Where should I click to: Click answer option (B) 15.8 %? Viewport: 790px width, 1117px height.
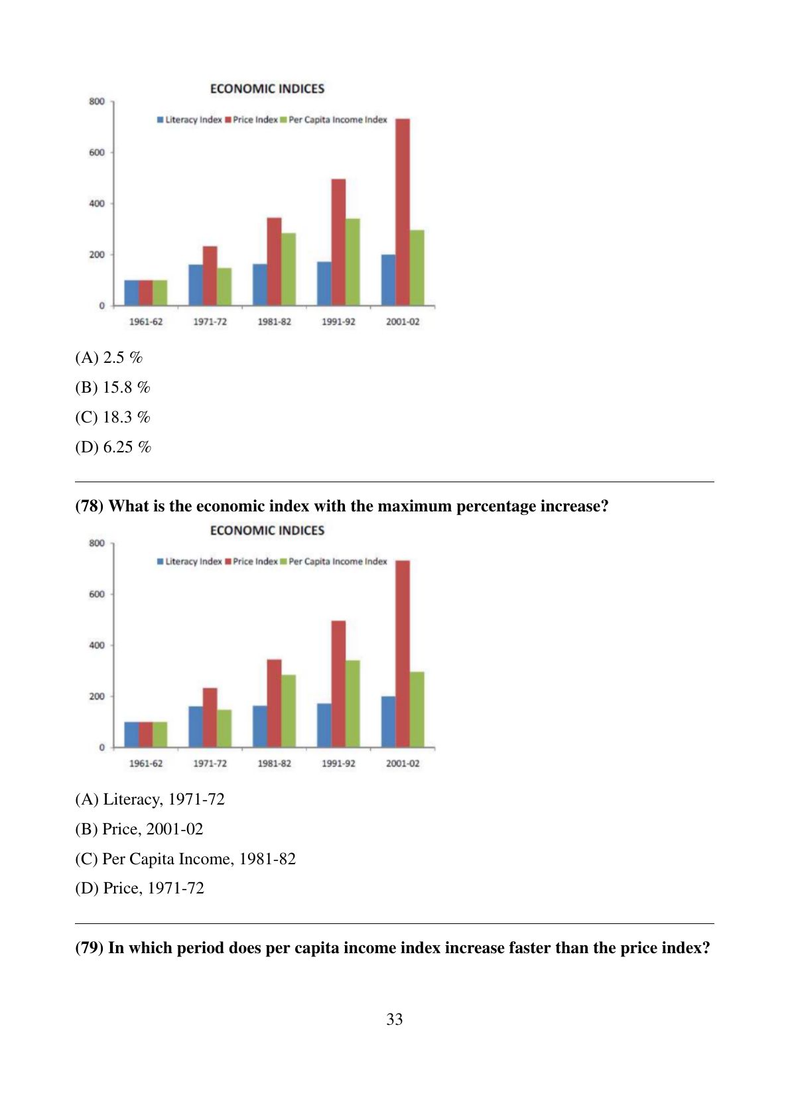112,387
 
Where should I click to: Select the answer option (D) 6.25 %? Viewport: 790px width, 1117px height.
113,447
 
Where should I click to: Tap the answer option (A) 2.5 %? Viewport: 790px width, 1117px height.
109,358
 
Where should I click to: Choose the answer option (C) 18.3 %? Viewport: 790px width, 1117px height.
112,417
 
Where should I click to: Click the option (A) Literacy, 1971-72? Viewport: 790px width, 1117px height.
150,799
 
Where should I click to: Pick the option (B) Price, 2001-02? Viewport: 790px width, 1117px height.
139,828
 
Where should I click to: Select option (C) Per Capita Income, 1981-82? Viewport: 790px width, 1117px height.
185,859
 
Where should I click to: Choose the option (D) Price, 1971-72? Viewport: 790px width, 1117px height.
140,888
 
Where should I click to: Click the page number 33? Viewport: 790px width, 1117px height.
395,1019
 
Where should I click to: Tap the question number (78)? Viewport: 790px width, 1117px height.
90,506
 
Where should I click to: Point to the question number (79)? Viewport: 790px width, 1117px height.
90,947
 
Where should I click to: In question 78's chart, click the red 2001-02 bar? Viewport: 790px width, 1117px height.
403,654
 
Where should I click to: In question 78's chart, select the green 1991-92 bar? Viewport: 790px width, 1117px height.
353,704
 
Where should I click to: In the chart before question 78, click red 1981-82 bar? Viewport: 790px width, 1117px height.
275,261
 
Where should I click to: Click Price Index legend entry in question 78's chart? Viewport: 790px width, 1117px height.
251,562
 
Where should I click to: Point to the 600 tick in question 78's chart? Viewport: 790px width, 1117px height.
97,594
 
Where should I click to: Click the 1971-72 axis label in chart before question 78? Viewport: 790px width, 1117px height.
210,322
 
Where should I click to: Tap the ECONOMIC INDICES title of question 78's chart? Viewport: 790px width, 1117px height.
267,530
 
